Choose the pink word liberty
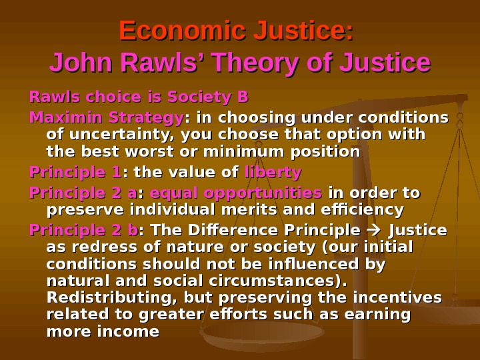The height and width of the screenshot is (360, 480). click(x=273, y=173)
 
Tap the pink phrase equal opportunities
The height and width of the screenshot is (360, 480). click(x=237, y=193)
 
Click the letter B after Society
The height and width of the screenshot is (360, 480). click(x=243, y=98)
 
